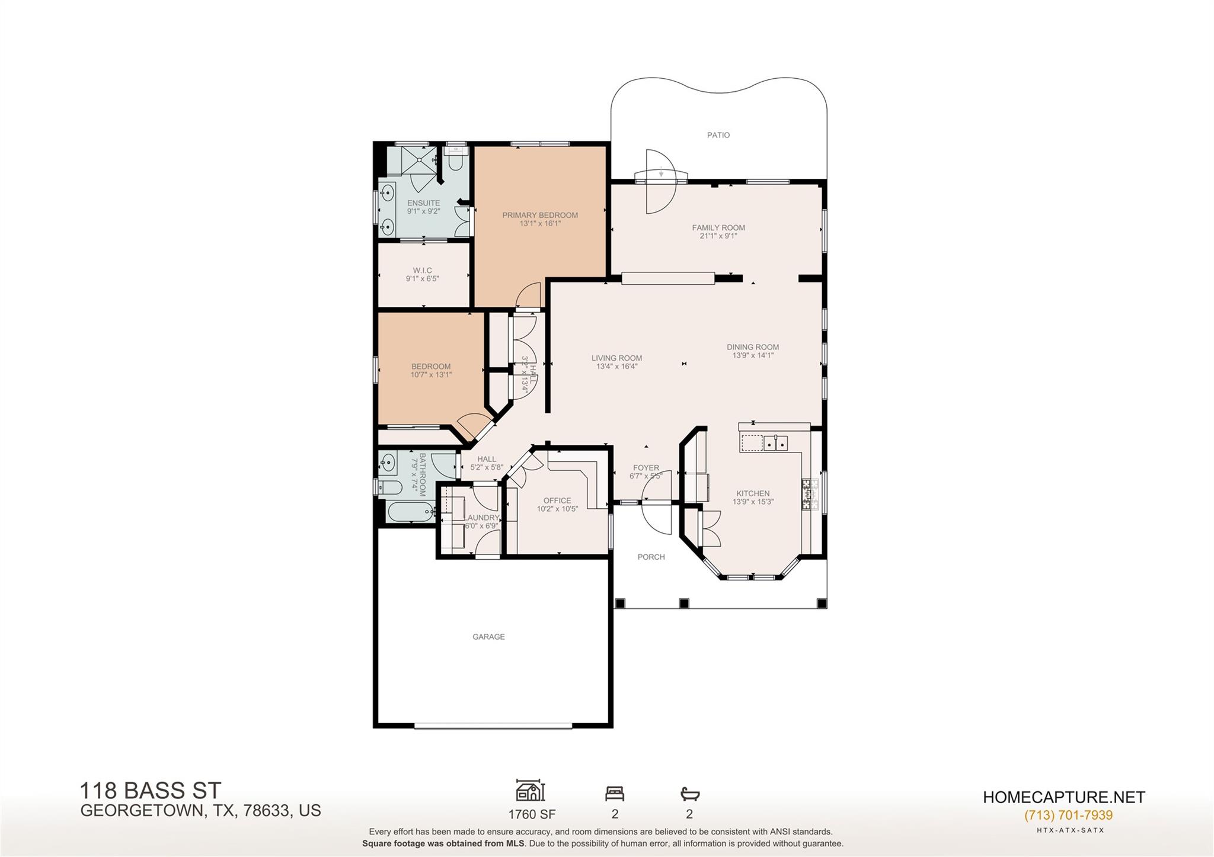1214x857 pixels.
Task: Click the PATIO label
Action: point(718,135)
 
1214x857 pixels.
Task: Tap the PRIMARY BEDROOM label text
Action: point(539,215)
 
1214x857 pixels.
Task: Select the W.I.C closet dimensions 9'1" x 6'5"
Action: point(422,279)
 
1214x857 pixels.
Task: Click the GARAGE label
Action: point(488,637)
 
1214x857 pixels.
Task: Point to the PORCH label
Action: point(651,557)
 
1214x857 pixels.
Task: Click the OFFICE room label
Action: point(557,500)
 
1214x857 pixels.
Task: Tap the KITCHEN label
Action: point(753,493)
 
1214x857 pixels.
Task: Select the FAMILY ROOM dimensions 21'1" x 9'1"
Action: point(718,236)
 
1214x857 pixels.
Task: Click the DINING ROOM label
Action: point(753,347)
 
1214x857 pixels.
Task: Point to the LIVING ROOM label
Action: point(616,358)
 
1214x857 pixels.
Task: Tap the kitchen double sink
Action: point(775,442)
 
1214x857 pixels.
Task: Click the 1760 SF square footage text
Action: point(532,814)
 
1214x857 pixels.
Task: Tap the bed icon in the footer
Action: point(615,793)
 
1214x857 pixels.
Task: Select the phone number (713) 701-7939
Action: point(1068,815)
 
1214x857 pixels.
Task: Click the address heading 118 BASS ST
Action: point(151,791)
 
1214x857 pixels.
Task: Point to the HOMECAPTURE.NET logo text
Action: point(1064,797)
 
